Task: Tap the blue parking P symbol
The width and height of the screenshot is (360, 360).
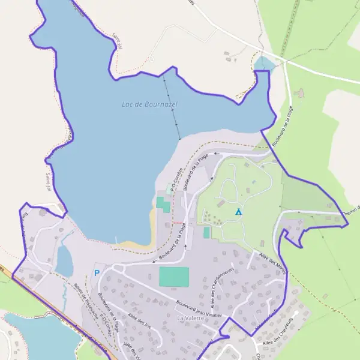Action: (97, 273)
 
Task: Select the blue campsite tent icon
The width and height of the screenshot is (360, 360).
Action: (238, 212)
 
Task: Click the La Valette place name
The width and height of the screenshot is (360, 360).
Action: (190, 317)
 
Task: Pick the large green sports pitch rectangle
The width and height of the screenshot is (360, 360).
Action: (174, 277)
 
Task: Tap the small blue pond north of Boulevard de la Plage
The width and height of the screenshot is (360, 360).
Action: (263, 64)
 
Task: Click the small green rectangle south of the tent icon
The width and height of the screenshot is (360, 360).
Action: (207, 232)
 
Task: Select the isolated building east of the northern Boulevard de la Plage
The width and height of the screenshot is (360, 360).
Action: (301, 94)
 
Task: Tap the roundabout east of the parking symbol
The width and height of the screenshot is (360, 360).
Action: (114, 269)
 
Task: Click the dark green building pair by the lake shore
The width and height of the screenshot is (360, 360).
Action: (162, 202)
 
